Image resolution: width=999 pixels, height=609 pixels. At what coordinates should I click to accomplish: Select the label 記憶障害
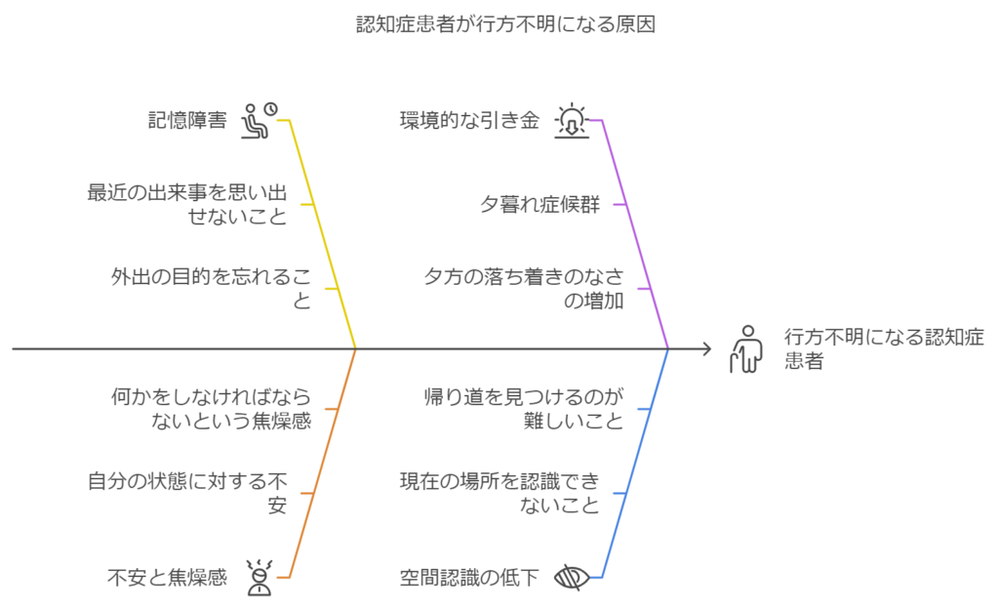click(x=186, y=121)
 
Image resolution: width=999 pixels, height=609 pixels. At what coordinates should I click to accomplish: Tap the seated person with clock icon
click(x=258, y=120)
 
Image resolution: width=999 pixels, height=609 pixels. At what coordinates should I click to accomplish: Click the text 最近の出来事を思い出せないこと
click(x=188, y=204)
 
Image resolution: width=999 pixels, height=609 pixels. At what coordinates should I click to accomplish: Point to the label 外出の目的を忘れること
click(x=211, y=289)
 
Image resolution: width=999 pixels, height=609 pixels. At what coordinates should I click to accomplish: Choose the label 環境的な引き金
click(x=468, y=121)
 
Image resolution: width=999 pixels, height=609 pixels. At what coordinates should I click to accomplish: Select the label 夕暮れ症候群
click(x=539, y=205)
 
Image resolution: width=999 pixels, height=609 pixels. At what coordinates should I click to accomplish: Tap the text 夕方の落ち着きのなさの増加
click(x=523, y=289)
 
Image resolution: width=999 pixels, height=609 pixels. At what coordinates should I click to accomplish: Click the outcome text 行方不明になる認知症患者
click(x=883, y=348)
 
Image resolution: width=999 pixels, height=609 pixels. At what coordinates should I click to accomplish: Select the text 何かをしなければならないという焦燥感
click(x=210, y=409)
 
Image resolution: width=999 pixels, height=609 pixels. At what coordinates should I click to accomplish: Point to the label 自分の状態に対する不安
click(x=187, y=493)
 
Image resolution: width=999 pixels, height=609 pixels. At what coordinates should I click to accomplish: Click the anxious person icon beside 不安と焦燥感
click(x=258, y=578)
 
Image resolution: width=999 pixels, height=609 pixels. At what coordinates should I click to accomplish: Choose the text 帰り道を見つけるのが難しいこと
click(x=523, y=409)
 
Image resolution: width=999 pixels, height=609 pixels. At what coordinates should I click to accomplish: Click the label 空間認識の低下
click(x=468, y=578)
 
